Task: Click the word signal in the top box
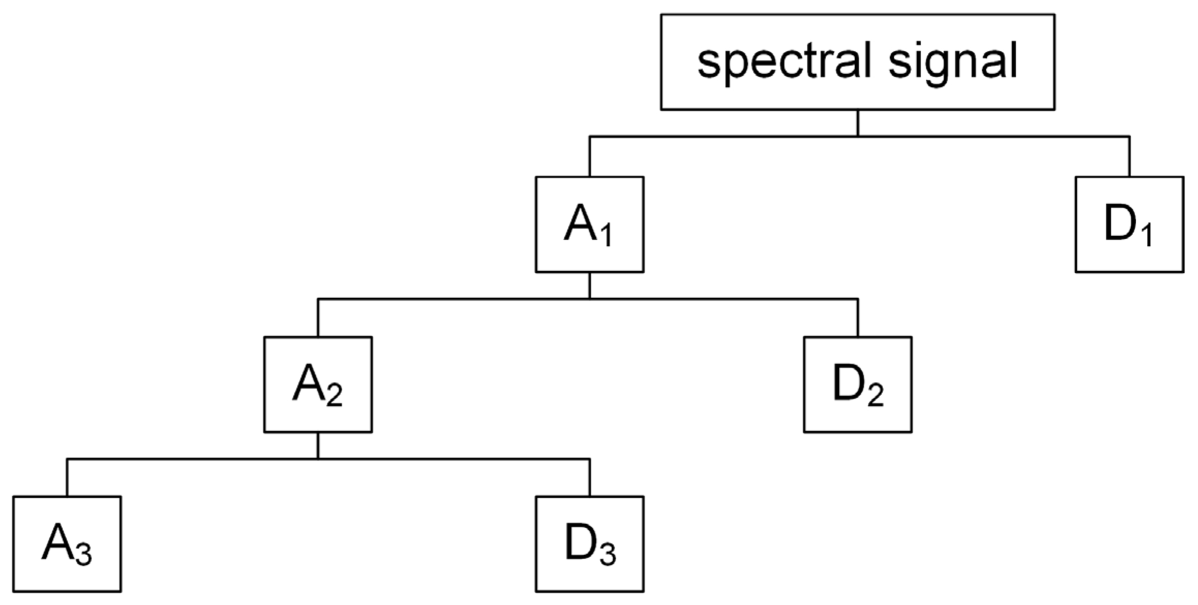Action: (x=953, y=62)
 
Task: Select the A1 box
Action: (x=589, y=224)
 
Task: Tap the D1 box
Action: (x=1129, y=224)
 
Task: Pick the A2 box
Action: (x=318, y=384)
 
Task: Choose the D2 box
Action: (x=857, y=384)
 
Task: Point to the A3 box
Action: (x=67, y=544)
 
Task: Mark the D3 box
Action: (x=589, y=544)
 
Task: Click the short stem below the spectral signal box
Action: (x=858, y=123)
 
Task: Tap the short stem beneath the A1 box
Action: (x=590, y=285)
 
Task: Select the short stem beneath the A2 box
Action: (x=318, y=445)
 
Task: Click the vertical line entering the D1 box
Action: (x=1129, y=157)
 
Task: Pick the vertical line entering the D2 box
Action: (x=858, y=318)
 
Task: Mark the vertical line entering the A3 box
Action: (x=67, y=478)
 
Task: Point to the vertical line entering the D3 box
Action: (x=590, y=478)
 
